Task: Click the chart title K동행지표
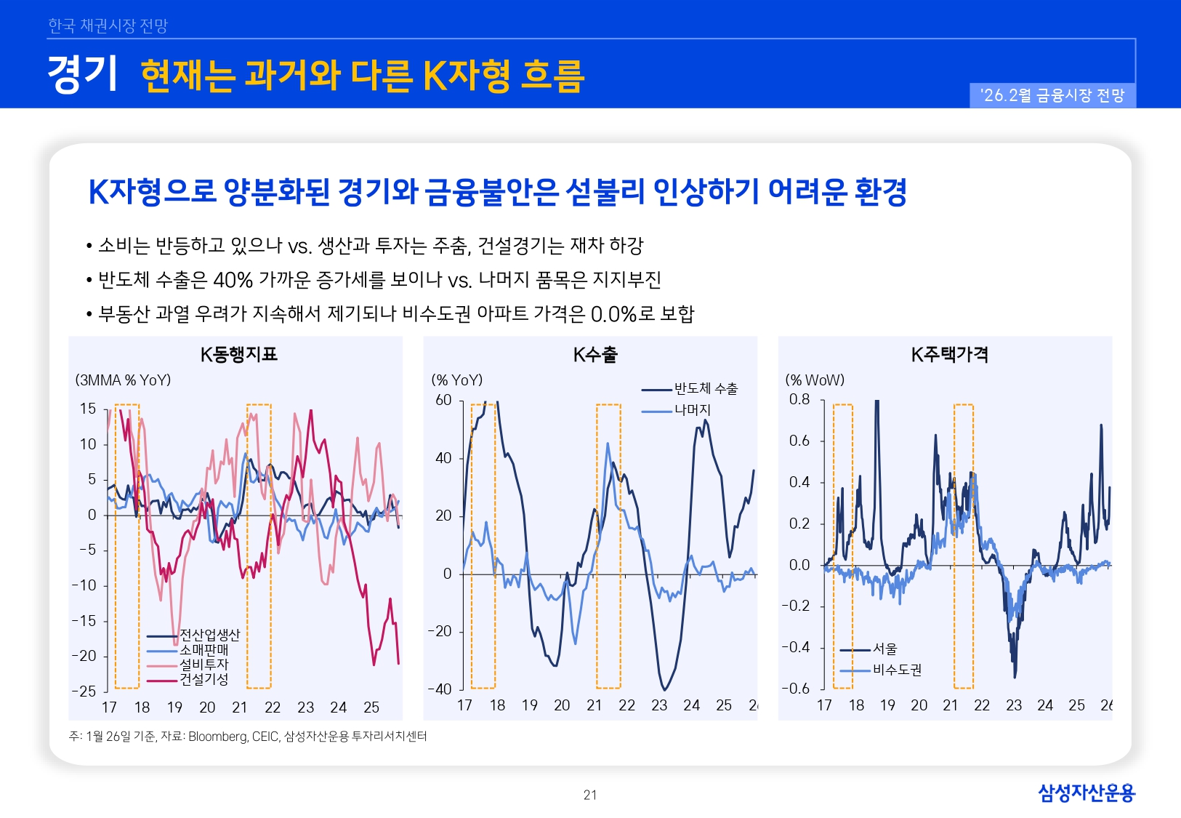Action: pyautogui.click(x=238, y=355)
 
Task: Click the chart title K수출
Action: pyautogui.click(x=594, y=355)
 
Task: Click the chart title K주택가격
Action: pyautogui.click(x=949, y=355)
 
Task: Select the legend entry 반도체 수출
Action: pyautogui.click(x=705, y=389)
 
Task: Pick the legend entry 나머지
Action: pyautogui.click(x=692, y=410)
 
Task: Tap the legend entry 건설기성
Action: pyautogui.click(x=203, y=679)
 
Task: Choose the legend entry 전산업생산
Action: pyautogui.click(x=209, y=635)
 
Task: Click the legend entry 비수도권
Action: pyautogui.click(x=897, y=670)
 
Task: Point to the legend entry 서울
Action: pyautogui.click(x=885, y=649)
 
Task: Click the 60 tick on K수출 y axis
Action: pyautogui.click(x=443, y=400)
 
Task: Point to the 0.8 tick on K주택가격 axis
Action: pyautogui.click(x=799, y=399)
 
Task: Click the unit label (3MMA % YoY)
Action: pyautogui.click(x=123, y=380)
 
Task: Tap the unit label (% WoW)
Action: pyautogui.click(x=815, y=380)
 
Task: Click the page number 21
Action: pyautogui.click(x=590, y=795)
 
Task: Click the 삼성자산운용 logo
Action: pyautogui.click(x=1086, y=793)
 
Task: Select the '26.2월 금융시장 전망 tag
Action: pyautogui.click(x=1052, y=95)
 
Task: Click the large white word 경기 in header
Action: pyautogui.click(x=82, y=74)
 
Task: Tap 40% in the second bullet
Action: pyautogui.click(x=233, y=280)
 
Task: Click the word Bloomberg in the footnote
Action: pyautogui.click(x=217, y=737)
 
